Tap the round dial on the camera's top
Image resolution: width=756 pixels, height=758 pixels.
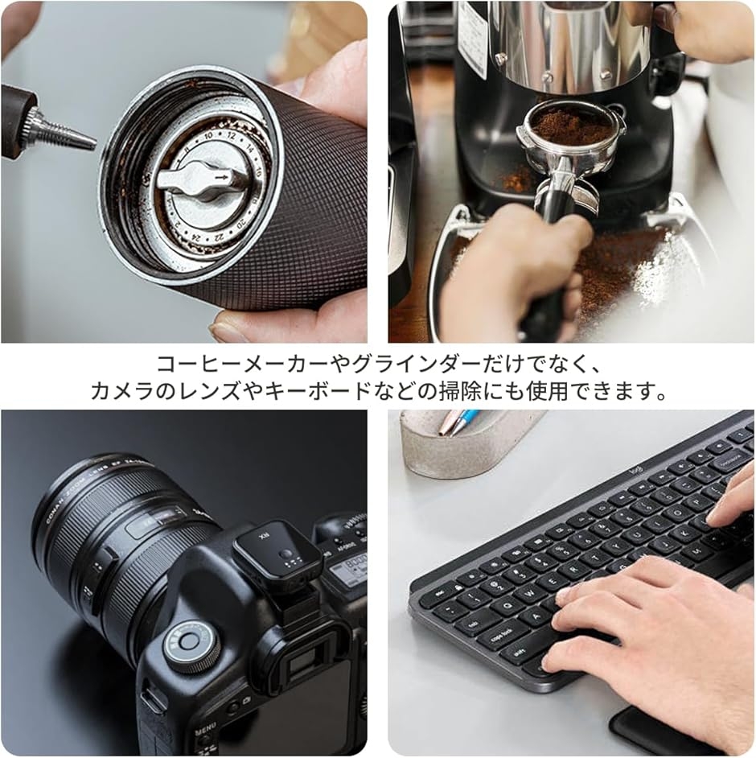pyautogui.click(x=190, y=643)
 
